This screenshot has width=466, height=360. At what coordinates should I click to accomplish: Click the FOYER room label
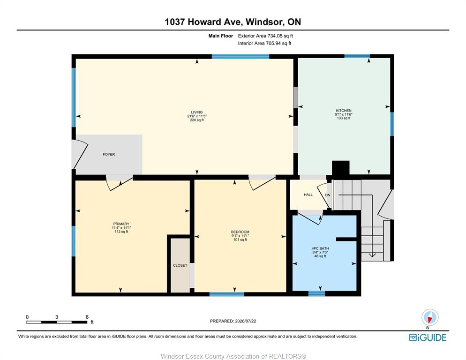tap(109, 154)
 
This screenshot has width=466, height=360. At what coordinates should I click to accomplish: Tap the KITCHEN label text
tap(344, 111)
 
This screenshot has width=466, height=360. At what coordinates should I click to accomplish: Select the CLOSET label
tap(180, 265)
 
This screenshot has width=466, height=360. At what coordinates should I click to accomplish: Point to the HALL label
tap(308, 195)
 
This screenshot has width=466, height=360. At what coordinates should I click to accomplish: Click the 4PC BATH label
tap(320, 248)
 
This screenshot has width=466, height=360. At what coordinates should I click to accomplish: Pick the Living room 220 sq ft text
tap(197, 120)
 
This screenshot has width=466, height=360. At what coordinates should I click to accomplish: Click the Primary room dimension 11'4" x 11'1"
tap(121, 228)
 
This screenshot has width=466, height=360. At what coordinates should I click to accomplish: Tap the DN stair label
tap(328, 195)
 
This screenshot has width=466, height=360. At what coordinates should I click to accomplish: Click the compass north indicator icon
tap(430, 317)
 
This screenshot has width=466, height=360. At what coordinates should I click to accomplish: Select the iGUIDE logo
tap(428, 337)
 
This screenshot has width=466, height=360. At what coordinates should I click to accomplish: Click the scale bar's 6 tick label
tap(87, 317)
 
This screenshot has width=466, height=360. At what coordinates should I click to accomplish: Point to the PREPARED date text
tap(233, 321)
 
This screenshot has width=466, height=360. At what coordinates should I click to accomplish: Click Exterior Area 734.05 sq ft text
tap(265, 36)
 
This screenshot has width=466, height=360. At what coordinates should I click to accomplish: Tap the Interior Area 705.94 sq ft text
tap(264, 43)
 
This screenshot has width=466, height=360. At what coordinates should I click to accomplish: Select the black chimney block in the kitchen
tap(340, 168)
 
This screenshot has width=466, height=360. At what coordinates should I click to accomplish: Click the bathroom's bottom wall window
tap(316, 294)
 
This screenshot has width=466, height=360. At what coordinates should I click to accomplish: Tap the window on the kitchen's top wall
tap(357, 56)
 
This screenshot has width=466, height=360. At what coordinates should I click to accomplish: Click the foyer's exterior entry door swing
tap(80, 154)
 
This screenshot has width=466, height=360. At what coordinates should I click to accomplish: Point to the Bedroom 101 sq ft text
tap(240, 240)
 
